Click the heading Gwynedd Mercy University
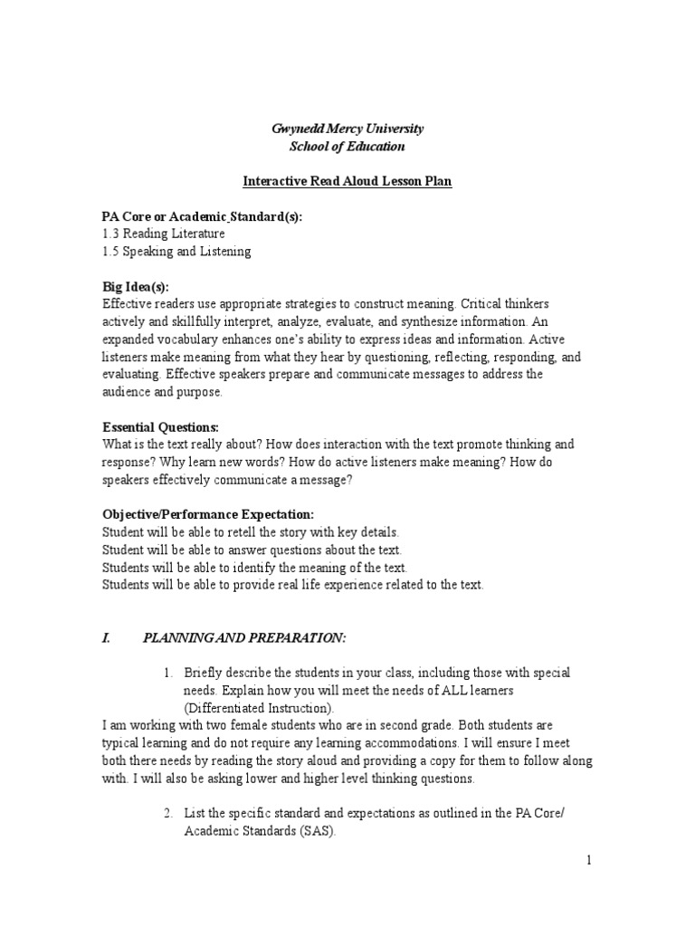tap(347, 129)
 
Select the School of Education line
tap(347, 147)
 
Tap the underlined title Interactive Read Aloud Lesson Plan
tap(347, 181)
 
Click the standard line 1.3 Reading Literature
tap(163, 234)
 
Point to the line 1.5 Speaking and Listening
tap(176, 251)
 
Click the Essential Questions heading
tap(160, 426)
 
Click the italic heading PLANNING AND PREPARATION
tap(244, 638)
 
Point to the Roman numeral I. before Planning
tap(106, 638)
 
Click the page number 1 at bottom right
tap(588, 861)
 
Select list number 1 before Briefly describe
tap(167, 674)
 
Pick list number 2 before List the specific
tap(167, 814)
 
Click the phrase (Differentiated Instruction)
tap(259, 708)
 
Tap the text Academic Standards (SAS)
tap(260, 831)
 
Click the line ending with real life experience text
tap(292, 585)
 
